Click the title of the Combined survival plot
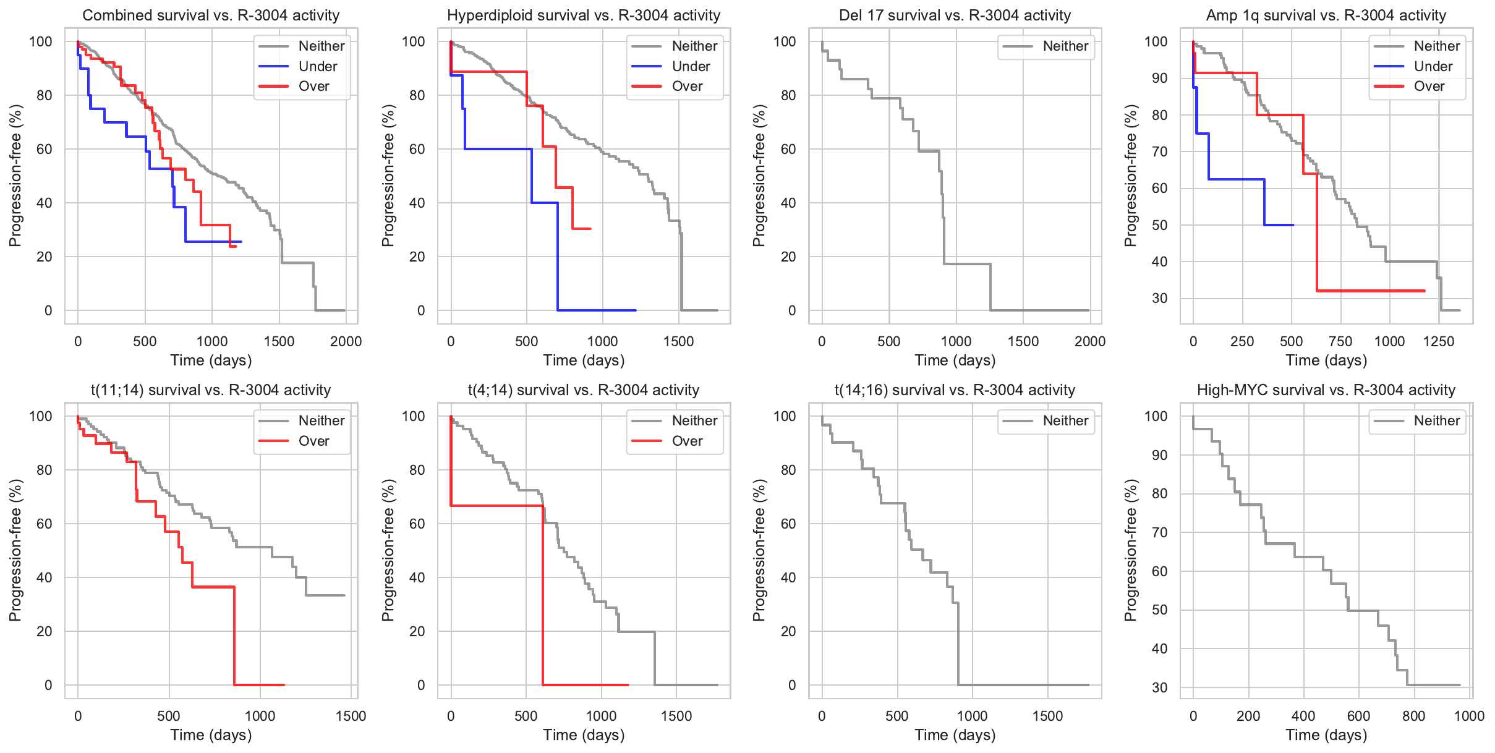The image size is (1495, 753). [211, 15]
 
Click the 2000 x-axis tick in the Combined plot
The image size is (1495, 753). [346, 341]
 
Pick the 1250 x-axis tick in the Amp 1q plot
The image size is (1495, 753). [1439, 341]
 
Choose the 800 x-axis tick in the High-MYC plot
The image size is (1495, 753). [1414, 716]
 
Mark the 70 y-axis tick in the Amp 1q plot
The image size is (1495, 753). [1159, 151]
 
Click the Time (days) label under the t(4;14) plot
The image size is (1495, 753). [584, 734]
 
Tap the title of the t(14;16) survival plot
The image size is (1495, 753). [955, 390]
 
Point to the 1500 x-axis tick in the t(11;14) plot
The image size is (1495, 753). [351, 716]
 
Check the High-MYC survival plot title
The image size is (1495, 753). [1326, 390]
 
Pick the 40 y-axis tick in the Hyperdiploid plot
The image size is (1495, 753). [417, 203]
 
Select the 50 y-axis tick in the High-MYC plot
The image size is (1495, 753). [1159, 610]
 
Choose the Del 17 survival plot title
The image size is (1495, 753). [955, 15]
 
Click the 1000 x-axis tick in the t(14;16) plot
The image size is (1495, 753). [972, 716]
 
